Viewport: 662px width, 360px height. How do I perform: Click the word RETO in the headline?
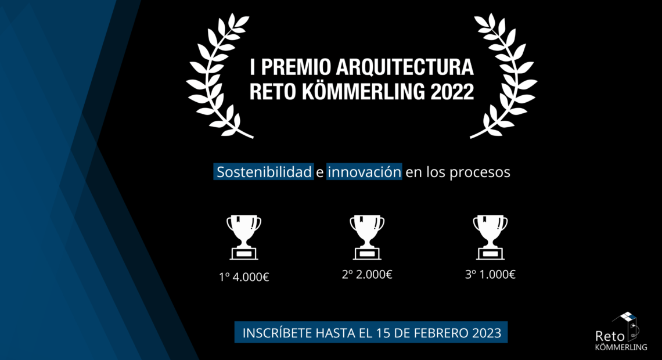click(273, 92)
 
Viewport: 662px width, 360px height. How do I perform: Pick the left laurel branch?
click(219, 75)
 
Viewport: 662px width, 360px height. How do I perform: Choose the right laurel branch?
click(503, 75)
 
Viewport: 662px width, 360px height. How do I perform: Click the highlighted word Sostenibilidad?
click(264, 172)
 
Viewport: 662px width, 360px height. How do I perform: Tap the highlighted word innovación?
click(364, 172)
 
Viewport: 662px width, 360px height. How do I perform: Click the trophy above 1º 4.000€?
click(244, 237)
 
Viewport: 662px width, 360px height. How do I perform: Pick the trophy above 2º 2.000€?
click(367, 237)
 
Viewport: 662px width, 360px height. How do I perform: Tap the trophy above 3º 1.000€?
click(490, 237)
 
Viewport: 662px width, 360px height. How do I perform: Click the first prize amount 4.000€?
click(251, 277)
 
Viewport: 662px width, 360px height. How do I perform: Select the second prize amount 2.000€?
click(374, 274)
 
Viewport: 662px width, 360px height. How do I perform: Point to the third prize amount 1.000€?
click(497, 274)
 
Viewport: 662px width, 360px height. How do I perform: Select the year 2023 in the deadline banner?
click(487, 333)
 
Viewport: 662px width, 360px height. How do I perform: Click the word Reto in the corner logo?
click(610, 336)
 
